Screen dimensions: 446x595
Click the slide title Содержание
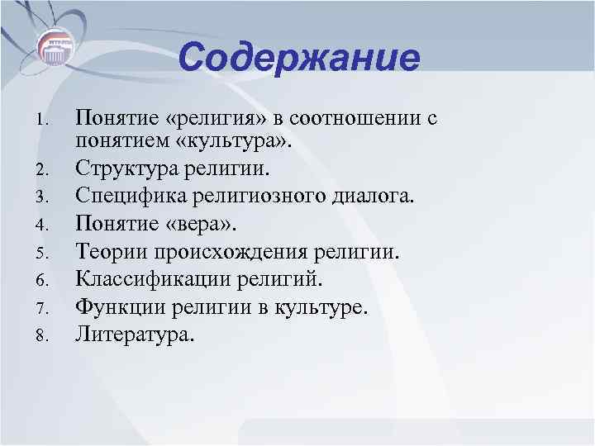[298, 59]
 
